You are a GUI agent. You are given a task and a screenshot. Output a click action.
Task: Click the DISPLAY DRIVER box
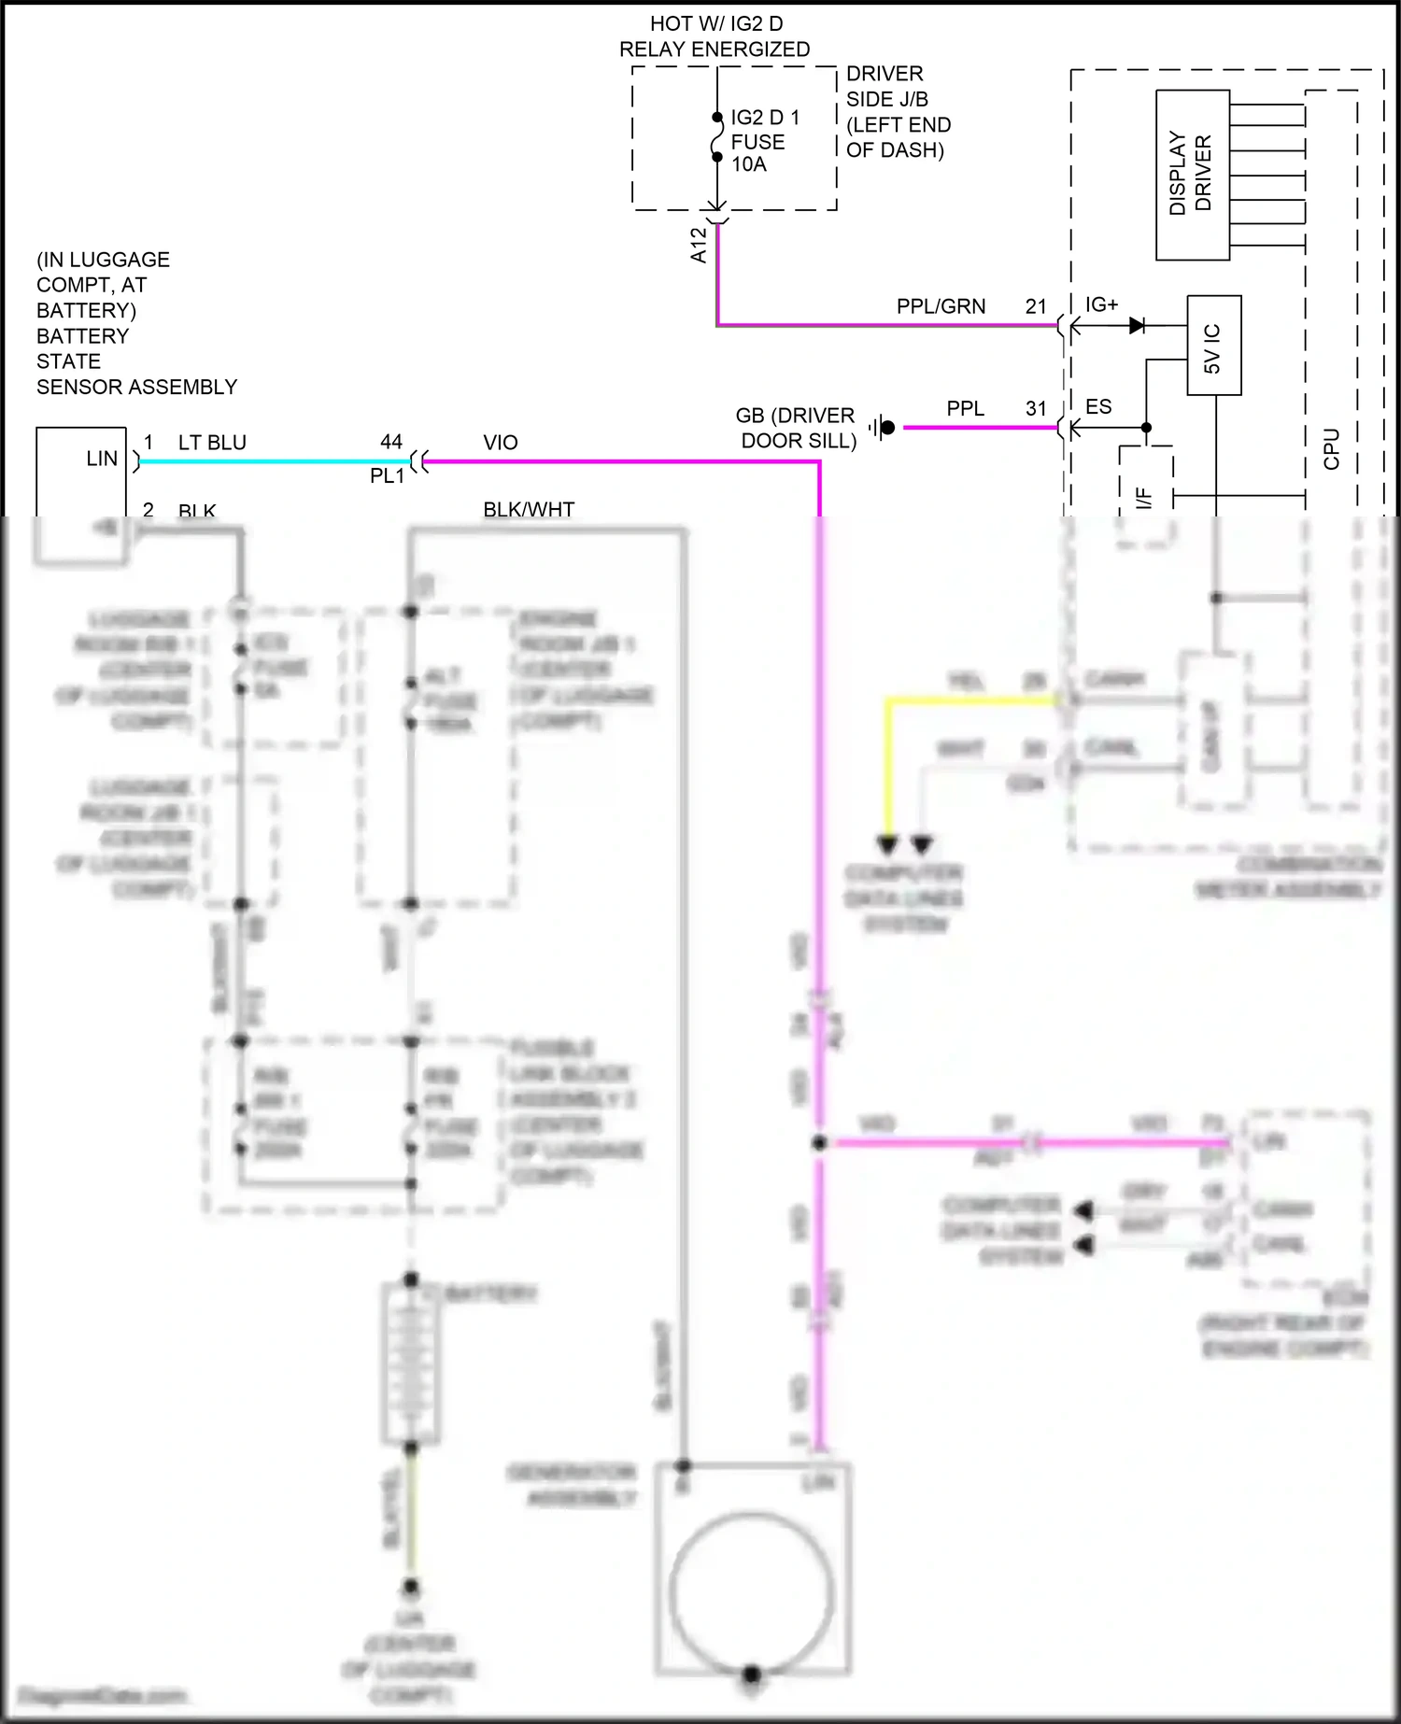(1192, 174)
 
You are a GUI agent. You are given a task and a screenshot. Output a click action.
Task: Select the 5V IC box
(1213, 346)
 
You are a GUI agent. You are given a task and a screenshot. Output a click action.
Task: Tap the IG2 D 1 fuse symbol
(717, 137)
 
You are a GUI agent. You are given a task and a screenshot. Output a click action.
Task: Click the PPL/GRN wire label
(941, 306)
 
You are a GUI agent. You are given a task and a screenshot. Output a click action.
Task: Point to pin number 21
(1036, 306)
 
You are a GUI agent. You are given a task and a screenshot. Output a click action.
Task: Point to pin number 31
(1036, 408)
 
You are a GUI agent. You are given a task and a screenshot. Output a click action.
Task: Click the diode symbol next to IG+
(1137, 326)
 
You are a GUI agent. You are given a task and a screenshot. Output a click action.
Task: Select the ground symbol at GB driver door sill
(881, 428)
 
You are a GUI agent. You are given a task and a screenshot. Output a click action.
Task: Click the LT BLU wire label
(212, 443)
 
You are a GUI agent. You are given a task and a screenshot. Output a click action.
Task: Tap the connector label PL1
(387, 475)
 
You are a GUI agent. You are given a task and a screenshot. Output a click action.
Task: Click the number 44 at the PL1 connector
(391, 442)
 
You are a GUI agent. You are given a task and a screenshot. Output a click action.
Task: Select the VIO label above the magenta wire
(501, 443)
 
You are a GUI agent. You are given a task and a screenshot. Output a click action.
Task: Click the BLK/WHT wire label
(529, 509)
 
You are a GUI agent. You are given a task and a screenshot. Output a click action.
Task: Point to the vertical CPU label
(1332, 448)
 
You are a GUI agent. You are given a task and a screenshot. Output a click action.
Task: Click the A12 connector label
(699, 245)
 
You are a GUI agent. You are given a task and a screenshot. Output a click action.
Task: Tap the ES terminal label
(1098, 407)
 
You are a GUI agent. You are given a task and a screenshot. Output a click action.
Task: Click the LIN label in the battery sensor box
(102, 459)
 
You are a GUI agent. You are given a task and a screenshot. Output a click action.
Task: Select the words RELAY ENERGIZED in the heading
(715, 49)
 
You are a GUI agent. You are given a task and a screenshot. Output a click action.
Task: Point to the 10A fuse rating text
(749, 164)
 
